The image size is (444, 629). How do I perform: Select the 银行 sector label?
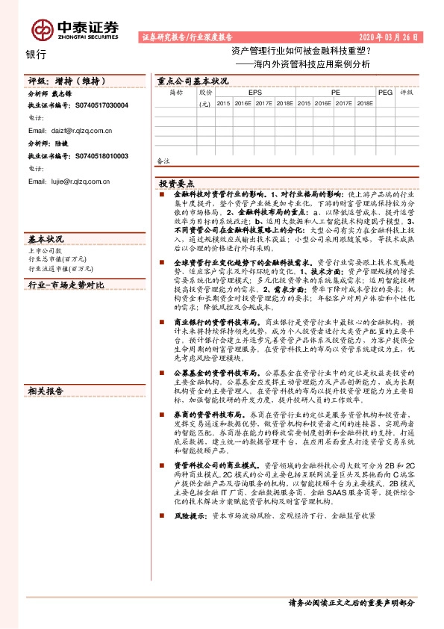(36, 55)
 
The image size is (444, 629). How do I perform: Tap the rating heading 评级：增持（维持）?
(63, 80)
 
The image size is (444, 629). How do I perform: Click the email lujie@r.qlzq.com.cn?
(69, 181)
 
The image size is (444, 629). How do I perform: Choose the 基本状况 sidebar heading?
(46, 238)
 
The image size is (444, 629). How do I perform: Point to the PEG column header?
(385, 93)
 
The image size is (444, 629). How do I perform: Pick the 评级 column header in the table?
(407, 93)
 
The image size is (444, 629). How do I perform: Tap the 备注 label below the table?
(163, 161)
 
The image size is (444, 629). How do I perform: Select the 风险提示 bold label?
(190, 515)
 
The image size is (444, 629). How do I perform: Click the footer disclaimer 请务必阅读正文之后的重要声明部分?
(351, 602)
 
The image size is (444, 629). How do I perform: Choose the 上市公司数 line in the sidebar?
(43, 251)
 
